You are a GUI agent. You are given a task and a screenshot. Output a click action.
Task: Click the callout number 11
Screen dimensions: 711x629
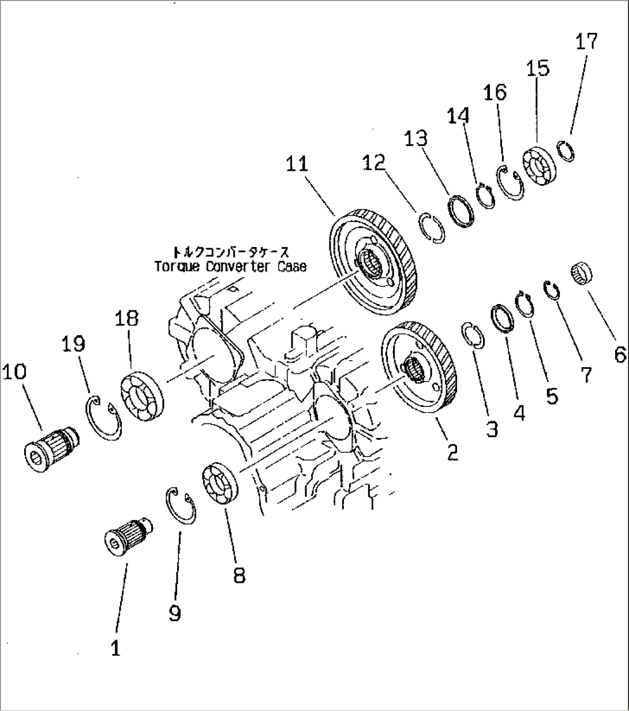[x=297, y=164]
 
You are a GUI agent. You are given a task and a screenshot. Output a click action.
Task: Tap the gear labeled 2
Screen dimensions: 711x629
[x=420, y=367]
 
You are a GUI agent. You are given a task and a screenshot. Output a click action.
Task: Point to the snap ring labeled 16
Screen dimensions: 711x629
[x=511, y=182]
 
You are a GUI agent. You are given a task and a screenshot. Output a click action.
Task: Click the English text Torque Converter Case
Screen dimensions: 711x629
[x=230, y=267]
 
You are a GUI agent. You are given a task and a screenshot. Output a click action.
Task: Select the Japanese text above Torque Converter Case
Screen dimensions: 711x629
[x=230, y=252]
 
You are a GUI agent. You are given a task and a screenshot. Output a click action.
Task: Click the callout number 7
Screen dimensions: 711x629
[x=585, y=375]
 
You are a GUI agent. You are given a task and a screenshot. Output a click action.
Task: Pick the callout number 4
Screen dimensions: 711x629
[x=519, y=413]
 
